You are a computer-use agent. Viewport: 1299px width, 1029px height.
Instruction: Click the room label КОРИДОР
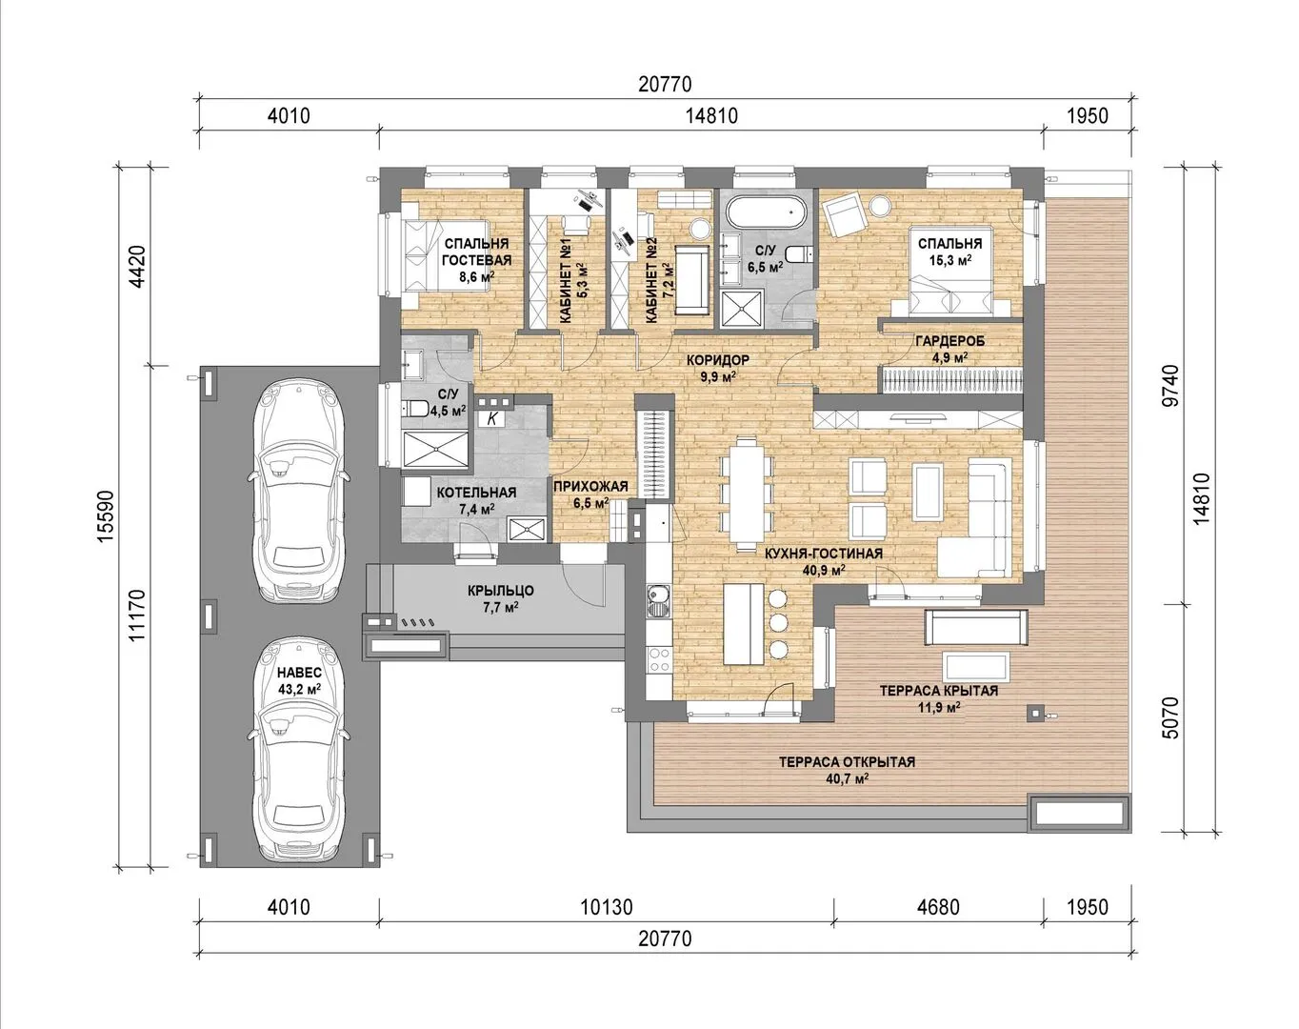(718, 360)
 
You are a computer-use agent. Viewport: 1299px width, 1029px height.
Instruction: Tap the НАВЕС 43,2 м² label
(299, 680)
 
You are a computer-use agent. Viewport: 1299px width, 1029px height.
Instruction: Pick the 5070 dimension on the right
(1169, 718)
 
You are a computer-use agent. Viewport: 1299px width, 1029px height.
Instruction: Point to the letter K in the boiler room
(492, 418)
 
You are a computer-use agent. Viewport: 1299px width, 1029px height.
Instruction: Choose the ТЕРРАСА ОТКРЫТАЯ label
(847, 762)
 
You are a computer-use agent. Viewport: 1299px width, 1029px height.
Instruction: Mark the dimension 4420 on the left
(138, 267)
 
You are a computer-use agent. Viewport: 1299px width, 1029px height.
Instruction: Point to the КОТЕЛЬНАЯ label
(476, 493)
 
